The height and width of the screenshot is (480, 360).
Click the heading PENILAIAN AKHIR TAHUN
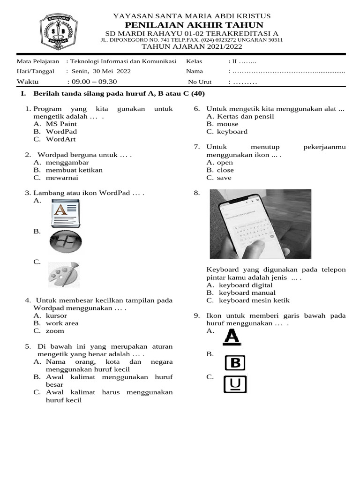pyautogui.click(x=191, y=25)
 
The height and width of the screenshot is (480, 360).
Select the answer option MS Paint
pyautogui.click(x=61, y=124)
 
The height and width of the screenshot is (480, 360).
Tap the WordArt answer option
pyautogui.click(x=60, y=139)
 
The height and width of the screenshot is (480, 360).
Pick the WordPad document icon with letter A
pyautogui.click(x=66, y=213)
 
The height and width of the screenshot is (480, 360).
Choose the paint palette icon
pyautogui.click(x=64, y=275)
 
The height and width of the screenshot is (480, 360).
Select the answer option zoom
pyautogui.click(x=55, y=331)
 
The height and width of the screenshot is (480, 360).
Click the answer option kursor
pyautogui.click(x=56, y=316)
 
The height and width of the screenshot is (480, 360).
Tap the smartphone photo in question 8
pyautogui.click(x=260, y=224)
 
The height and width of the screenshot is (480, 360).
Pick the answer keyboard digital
pyautogui.click(x=246, y=285)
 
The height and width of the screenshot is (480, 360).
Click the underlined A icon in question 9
pyautogui.click(x=232, y=337)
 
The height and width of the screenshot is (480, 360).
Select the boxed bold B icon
pyautogui.click(x=235, y=363)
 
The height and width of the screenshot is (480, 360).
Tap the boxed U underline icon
pyautogui.click(x=235, y=384)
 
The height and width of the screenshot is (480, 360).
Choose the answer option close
pyautogui.click(x=225, y=170)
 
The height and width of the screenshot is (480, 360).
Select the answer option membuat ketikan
pyautogui.click(x=74, y=170)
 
